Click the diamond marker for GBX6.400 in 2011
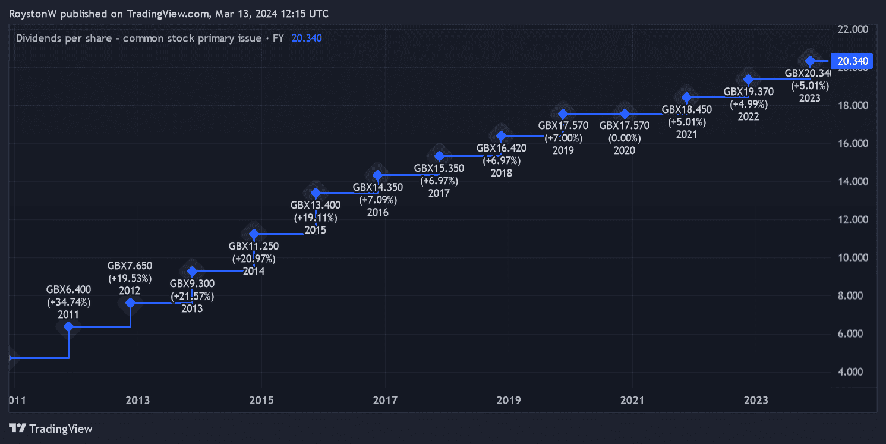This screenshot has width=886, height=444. (x=69, y=326)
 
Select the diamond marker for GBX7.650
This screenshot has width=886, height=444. (x=131, y=303)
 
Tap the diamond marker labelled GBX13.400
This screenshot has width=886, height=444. (x=316, y=193)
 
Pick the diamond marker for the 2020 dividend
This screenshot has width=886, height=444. (x=625, y=114)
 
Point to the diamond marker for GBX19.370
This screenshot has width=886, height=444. (x=749, y=80)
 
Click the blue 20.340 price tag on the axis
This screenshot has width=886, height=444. (x=852, y=61)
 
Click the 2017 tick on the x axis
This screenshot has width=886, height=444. (x=385, y=401)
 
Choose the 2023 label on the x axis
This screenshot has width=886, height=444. (x=755, y=401)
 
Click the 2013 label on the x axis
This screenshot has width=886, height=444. (x=138, y=401)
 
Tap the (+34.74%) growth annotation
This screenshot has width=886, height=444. (x=69, y=302)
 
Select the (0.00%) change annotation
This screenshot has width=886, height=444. (x=624, y=138)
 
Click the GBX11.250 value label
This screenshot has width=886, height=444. (x=254, y=246)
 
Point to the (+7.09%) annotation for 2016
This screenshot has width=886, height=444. (x=378, y=200)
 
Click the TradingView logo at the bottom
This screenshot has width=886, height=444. (x=51, y=429)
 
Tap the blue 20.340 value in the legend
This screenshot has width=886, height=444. (x=307, y=38)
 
